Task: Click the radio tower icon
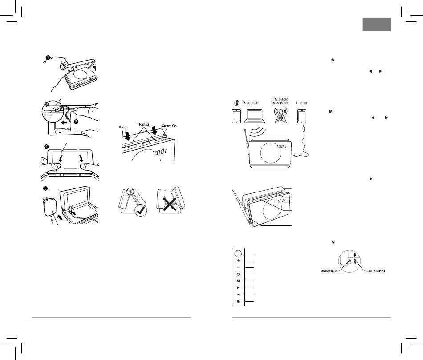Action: (x=281, y=118)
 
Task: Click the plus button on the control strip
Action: (x=239, y=261)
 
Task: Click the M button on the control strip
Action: (x=239, y=281)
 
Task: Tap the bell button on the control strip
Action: (x=239, y=302)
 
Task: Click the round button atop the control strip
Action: (x=239, y=253)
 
